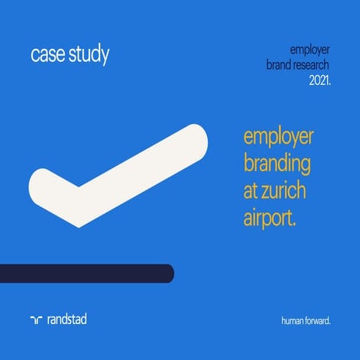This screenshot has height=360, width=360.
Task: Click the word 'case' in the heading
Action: pyautogui.click(x=47, y=56)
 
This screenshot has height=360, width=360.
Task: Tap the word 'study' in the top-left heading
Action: pyautogui.click(x=88, y=56)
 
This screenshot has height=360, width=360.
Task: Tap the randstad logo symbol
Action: pyautogui.click(x=36, y=319)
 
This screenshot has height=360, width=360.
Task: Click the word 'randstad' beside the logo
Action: pyautogui.click(x=66, y=319)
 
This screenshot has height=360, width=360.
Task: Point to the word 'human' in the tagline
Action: pyautogui.click(x=293, y=320)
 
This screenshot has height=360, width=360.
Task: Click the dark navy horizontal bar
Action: pyautogui.click(x=84, y=273)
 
